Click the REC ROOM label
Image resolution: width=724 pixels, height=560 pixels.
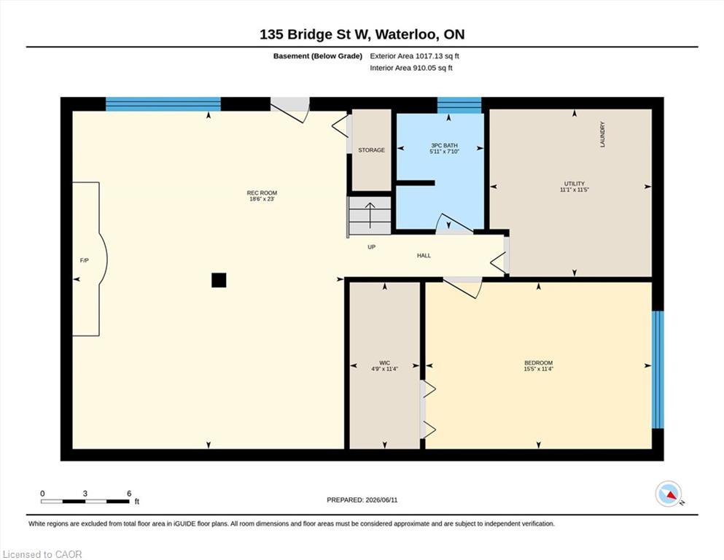(262, 193)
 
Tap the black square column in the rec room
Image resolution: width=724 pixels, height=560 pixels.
(219, 280)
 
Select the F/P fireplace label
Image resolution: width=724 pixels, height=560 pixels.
(84, 260)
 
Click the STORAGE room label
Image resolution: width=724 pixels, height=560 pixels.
(371, 150)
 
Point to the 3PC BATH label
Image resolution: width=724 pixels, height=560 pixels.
(444, 145)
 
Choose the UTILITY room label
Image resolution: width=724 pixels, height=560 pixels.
(575, 183)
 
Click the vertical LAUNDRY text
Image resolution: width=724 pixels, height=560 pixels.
(602, 134)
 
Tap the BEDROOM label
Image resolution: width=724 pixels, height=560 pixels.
(538, 363)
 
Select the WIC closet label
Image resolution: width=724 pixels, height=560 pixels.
(385, 363)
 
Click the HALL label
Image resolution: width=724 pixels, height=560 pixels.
(424, 255)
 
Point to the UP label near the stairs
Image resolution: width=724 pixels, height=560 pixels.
(371, 247)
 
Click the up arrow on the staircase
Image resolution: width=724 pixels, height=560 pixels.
(370, 215)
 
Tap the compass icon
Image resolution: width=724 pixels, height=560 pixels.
(669, 494)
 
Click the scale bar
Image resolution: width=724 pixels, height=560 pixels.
(85, 502)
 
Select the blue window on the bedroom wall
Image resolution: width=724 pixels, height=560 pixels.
(658, 370)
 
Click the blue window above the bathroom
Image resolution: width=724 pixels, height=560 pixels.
(459, 105)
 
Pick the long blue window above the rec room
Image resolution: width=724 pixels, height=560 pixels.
(163, 104)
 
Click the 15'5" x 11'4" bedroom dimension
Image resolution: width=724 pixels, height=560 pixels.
(538, 369)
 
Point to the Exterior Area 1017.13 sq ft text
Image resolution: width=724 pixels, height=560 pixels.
(414, 56)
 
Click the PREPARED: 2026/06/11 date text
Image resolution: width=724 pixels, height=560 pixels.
(362, 499)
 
